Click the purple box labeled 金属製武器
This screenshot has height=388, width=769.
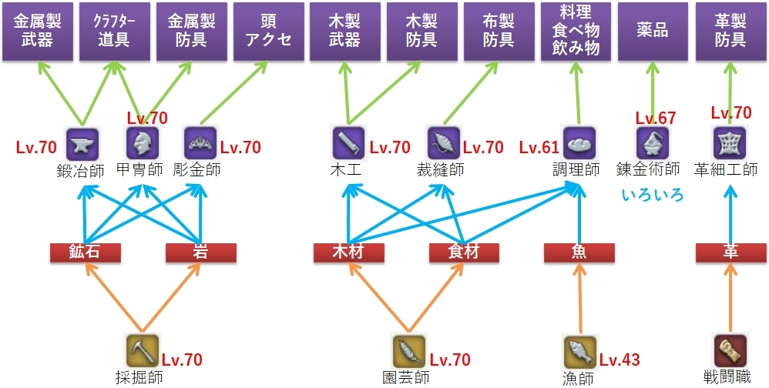(x=36, y=31)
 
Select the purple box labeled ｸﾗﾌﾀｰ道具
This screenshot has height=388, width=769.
(x=113, y=31)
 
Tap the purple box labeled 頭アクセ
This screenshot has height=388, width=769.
(x=267, y=31)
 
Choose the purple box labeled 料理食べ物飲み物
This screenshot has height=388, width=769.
(x=576, y=31)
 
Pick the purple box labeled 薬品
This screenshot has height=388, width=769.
(x=653, y=31)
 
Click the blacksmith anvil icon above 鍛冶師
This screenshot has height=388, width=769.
(x=79, y=143)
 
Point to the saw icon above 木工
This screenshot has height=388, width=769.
(x=348, y=143)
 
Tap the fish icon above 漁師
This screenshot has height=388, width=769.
(x=579, y=352)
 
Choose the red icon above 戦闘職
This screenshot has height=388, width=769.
(x=730, y=351)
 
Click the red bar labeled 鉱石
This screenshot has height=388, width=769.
(x=86, y=253)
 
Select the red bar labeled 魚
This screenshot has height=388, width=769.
(x=578, y=253)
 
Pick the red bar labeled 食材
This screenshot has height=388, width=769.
(x=464, y=253)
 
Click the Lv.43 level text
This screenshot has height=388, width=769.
(x=620, y=360)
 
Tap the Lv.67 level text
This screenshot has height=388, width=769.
(x=655, y=118)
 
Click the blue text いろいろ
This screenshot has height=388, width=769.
(x=653, y=194)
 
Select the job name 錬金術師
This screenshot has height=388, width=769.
(x=648, y=169)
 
